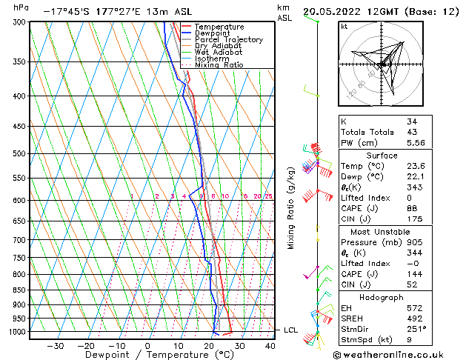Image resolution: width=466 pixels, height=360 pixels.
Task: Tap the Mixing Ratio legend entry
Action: [219, 65]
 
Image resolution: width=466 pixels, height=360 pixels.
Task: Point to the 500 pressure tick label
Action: [19, 153]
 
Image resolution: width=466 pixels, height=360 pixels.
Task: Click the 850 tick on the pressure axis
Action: [19, 290]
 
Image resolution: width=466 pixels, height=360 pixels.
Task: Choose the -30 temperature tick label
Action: [54, 345]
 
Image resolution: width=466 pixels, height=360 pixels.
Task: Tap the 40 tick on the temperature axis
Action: [270, 345]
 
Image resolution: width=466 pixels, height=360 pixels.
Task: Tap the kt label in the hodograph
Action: [344, 26]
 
